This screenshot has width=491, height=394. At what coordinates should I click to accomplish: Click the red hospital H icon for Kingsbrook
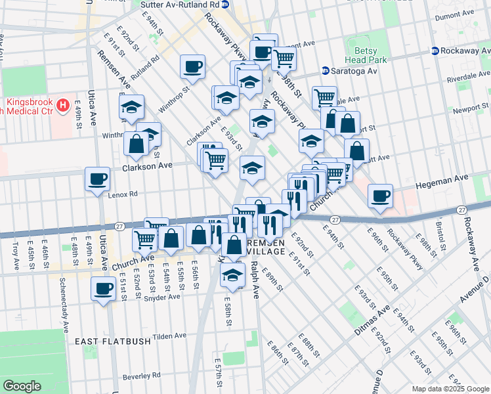63,104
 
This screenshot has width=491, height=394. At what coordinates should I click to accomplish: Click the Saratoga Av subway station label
356,71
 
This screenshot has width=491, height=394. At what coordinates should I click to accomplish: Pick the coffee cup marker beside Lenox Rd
98,179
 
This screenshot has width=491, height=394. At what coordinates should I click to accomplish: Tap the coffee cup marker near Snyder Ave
104,288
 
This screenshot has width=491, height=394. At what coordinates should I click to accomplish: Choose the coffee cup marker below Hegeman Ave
380,196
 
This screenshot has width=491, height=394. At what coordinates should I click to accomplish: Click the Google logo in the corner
22,386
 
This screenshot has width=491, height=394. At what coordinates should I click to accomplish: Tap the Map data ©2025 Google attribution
450,388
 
